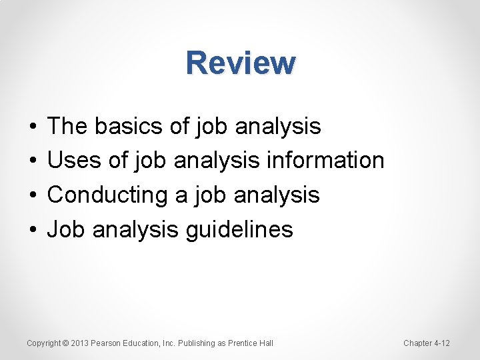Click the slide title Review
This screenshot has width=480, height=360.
pyautogui.click(x=241, y=63)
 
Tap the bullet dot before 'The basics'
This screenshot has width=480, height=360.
pyautogui.click(x=33, y=126)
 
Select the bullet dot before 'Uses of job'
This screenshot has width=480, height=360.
pyautogui.click(x=33, y=161)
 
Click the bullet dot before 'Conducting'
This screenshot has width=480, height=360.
pyautogui.click(x=33, y=195)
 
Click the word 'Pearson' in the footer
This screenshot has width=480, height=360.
pyautogui.click(x=107, y=343)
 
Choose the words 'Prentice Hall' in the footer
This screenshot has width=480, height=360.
pyautogui.click(x=251, y=343)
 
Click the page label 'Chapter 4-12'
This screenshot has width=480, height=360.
pyautogui.click(x=427, y=343)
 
